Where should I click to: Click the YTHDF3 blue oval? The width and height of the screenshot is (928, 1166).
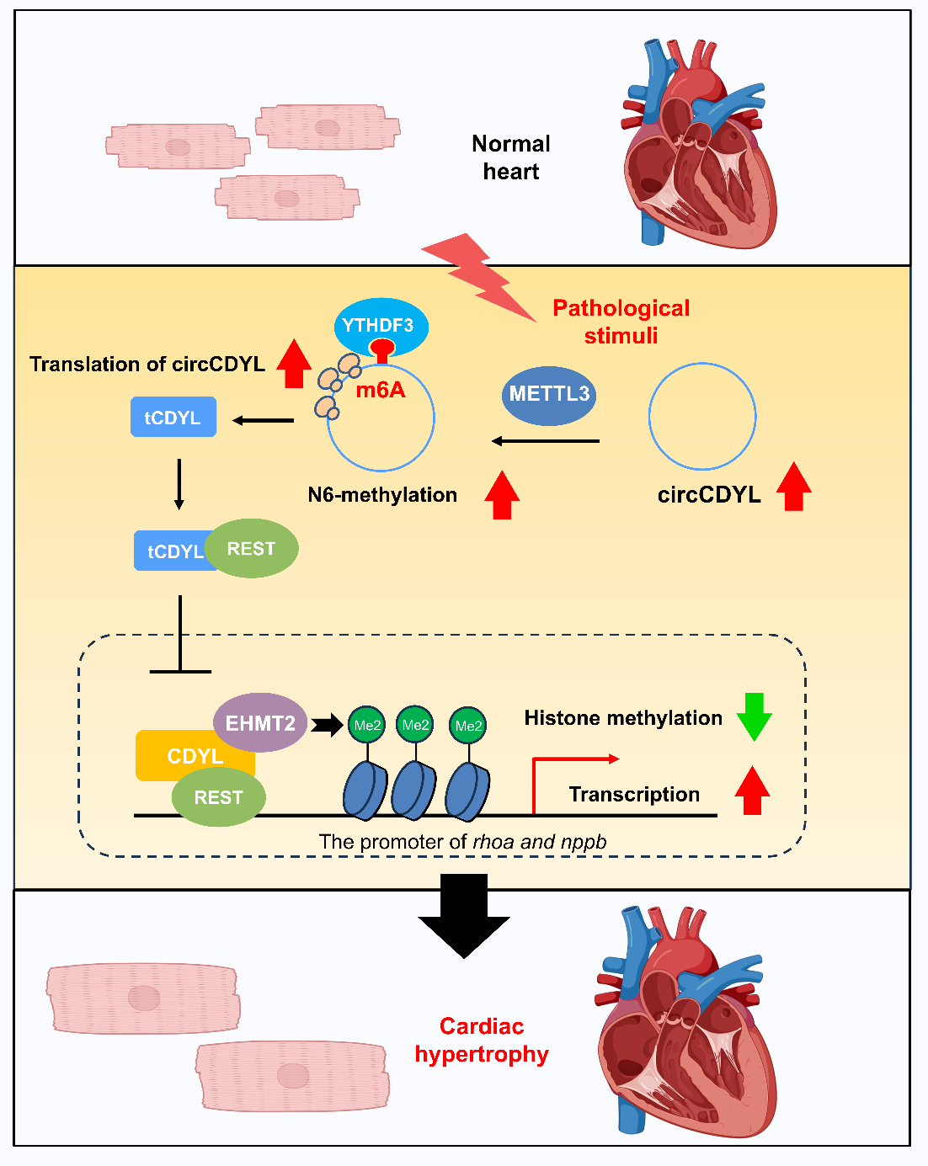click(x=381, y=325)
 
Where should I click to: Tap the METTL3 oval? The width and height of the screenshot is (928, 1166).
click(x=549, y=394)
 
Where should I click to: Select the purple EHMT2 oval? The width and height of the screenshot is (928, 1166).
click(x=260, y=723)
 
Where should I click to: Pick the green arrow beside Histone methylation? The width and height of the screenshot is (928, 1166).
click(x=754, y=716)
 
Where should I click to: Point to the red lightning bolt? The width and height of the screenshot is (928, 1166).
click(x=477, y=276)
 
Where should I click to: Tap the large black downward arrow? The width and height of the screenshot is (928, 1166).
click(x=464, y=915)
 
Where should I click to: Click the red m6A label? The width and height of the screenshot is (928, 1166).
click(x=381, y=390)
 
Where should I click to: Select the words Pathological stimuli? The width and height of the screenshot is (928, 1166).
click(x=621, y=322)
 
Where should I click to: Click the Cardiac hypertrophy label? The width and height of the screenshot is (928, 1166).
click(x=482, y=1040)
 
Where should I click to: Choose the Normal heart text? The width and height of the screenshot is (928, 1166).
click(x=510, y=157)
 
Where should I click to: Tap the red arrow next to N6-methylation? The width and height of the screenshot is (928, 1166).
click(x=502, y=495)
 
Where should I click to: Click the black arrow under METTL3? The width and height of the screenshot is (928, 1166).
click(x=546, y=440)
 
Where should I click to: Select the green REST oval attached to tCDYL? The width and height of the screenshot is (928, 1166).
click(x=252, y=548)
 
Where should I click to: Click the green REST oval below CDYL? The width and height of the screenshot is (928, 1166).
click(x=218, y=797)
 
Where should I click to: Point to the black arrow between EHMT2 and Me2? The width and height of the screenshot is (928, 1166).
click(x=327, y=724)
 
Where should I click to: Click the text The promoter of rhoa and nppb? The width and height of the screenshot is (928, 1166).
click(x=462, y=842)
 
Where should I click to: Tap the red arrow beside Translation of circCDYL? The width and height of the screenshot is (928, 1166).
click(x=293, y=364)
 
